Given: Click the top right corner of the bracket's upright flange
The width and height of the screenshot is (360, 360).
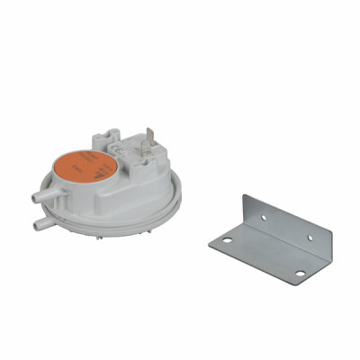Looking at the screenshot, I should pyautogui.click(x=332, y=231).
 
